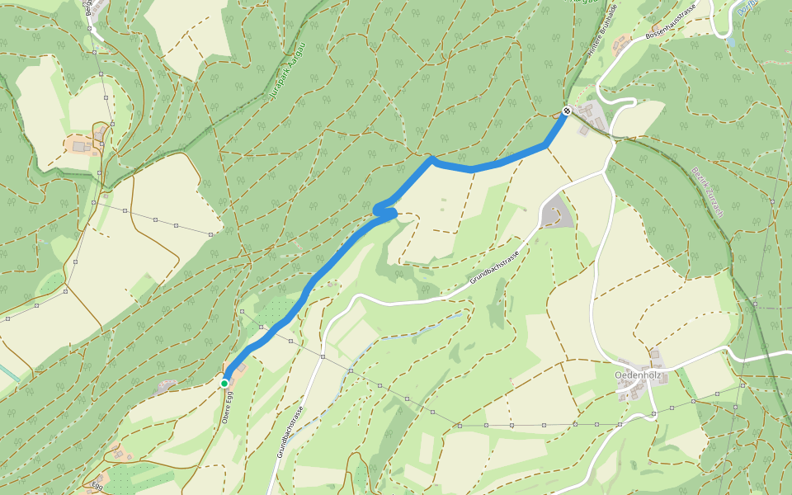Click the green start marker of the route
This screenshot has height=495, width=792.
coord(224,383)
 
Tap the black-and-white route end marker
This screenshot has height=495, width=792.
coord(567,111)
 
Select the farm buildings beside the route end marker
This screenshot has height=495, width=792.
coord(591,116)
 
